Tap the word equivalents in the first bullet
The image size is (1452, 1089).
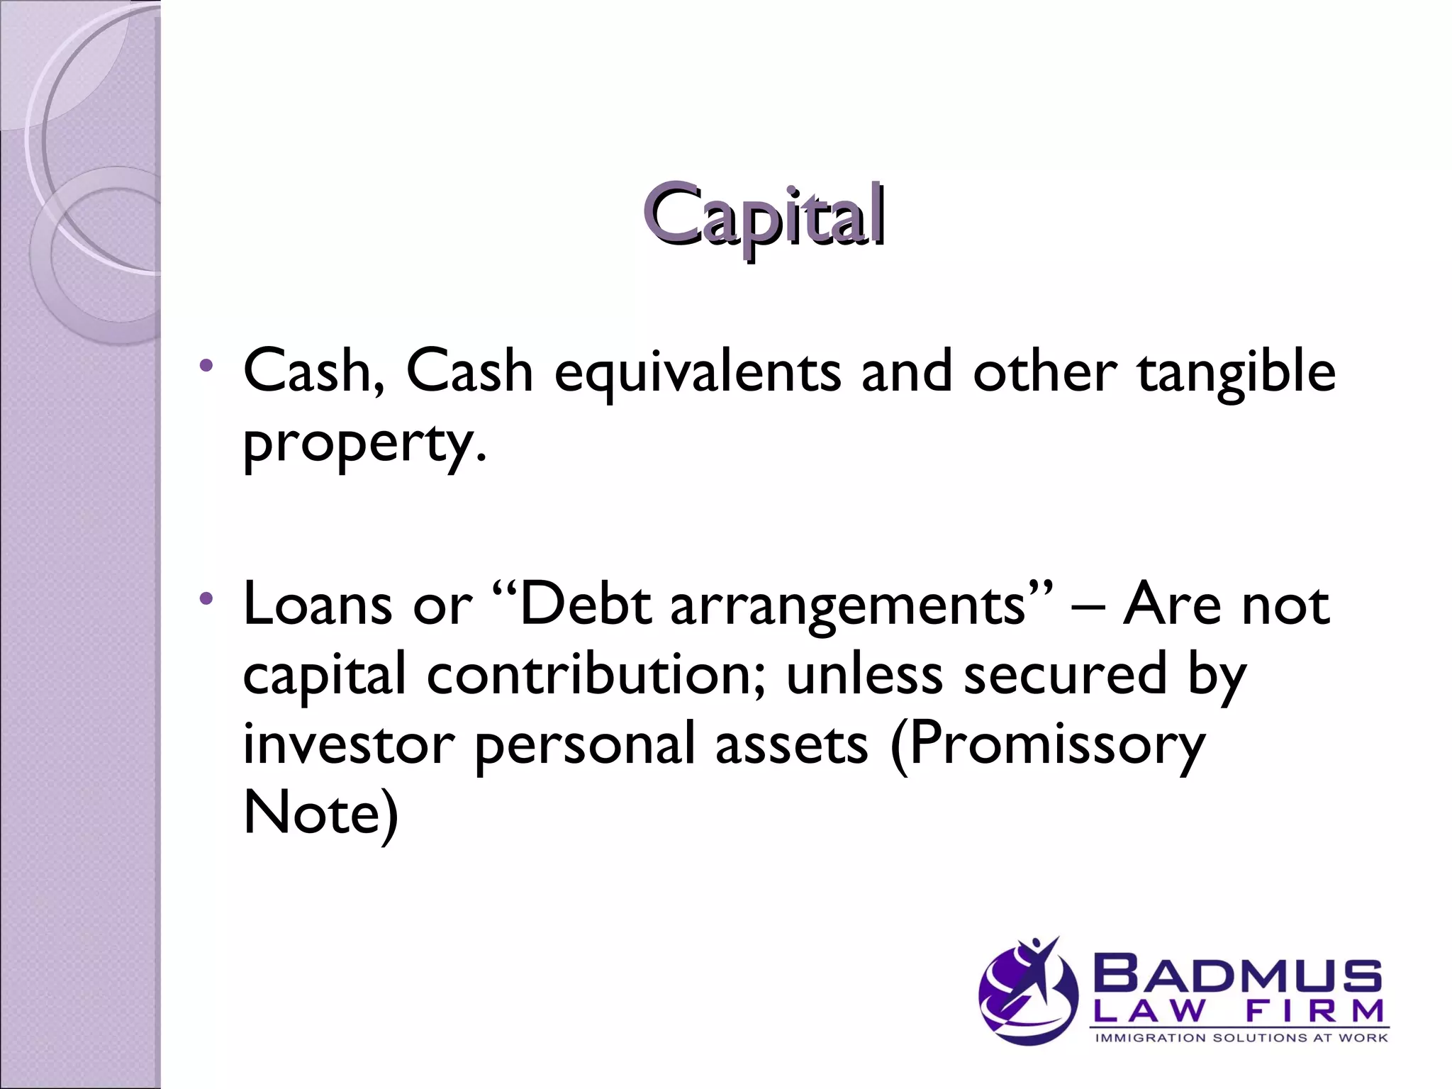point(698,373)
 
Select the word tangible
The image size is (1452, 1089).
point(1236,373)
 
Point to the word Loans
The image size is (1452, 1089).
point(317,605)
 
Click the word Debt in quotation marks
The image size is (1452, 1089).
point(585,605)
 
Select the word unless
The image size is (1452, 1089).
point(864,674)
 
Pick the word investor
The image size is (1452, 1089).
point(348,744)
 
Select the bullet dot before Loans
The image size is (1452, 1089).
point(206,599)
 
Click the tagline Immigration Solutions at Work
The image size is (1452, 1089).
point(1241,1038)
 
